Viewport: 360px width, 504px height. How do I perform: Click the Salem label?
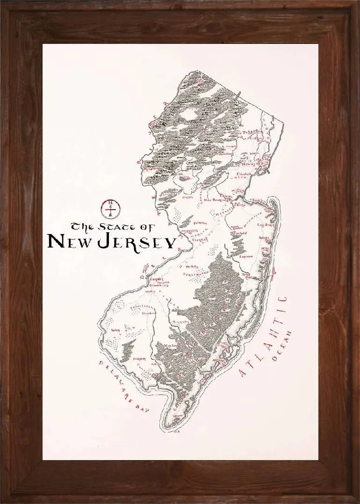click(115, 329)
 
